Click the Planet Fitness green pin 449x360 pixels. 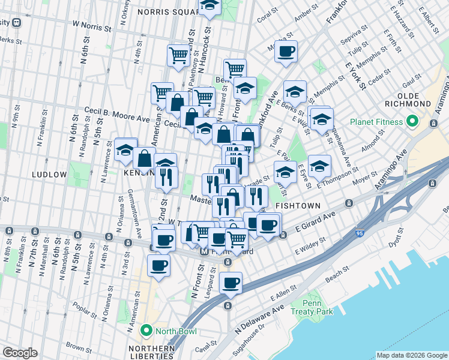pyautogui.click(x=411, y=122)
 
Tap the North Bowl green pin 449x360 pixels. pyautogui.click(x=146, y=331)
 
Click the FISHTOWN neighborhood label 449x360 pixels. pyautogui.click(x=296, y=205)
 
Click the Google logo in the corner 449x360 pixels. pyautogui.click(x=20, y=353)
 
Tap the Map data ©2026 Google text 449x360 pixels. pyautogui.click(x=411, y=355)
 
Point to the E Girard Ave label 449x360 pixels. pyautogui.click(x=315, y=223)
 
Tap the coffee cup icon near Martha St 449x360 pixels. pyautogui.click(x=287, y=52)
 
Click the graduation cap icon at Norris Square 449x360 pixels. pyautogui.click(x=209, y=6)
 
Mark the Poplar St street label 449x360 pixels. pyautogui.click(x=86, y=313)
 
